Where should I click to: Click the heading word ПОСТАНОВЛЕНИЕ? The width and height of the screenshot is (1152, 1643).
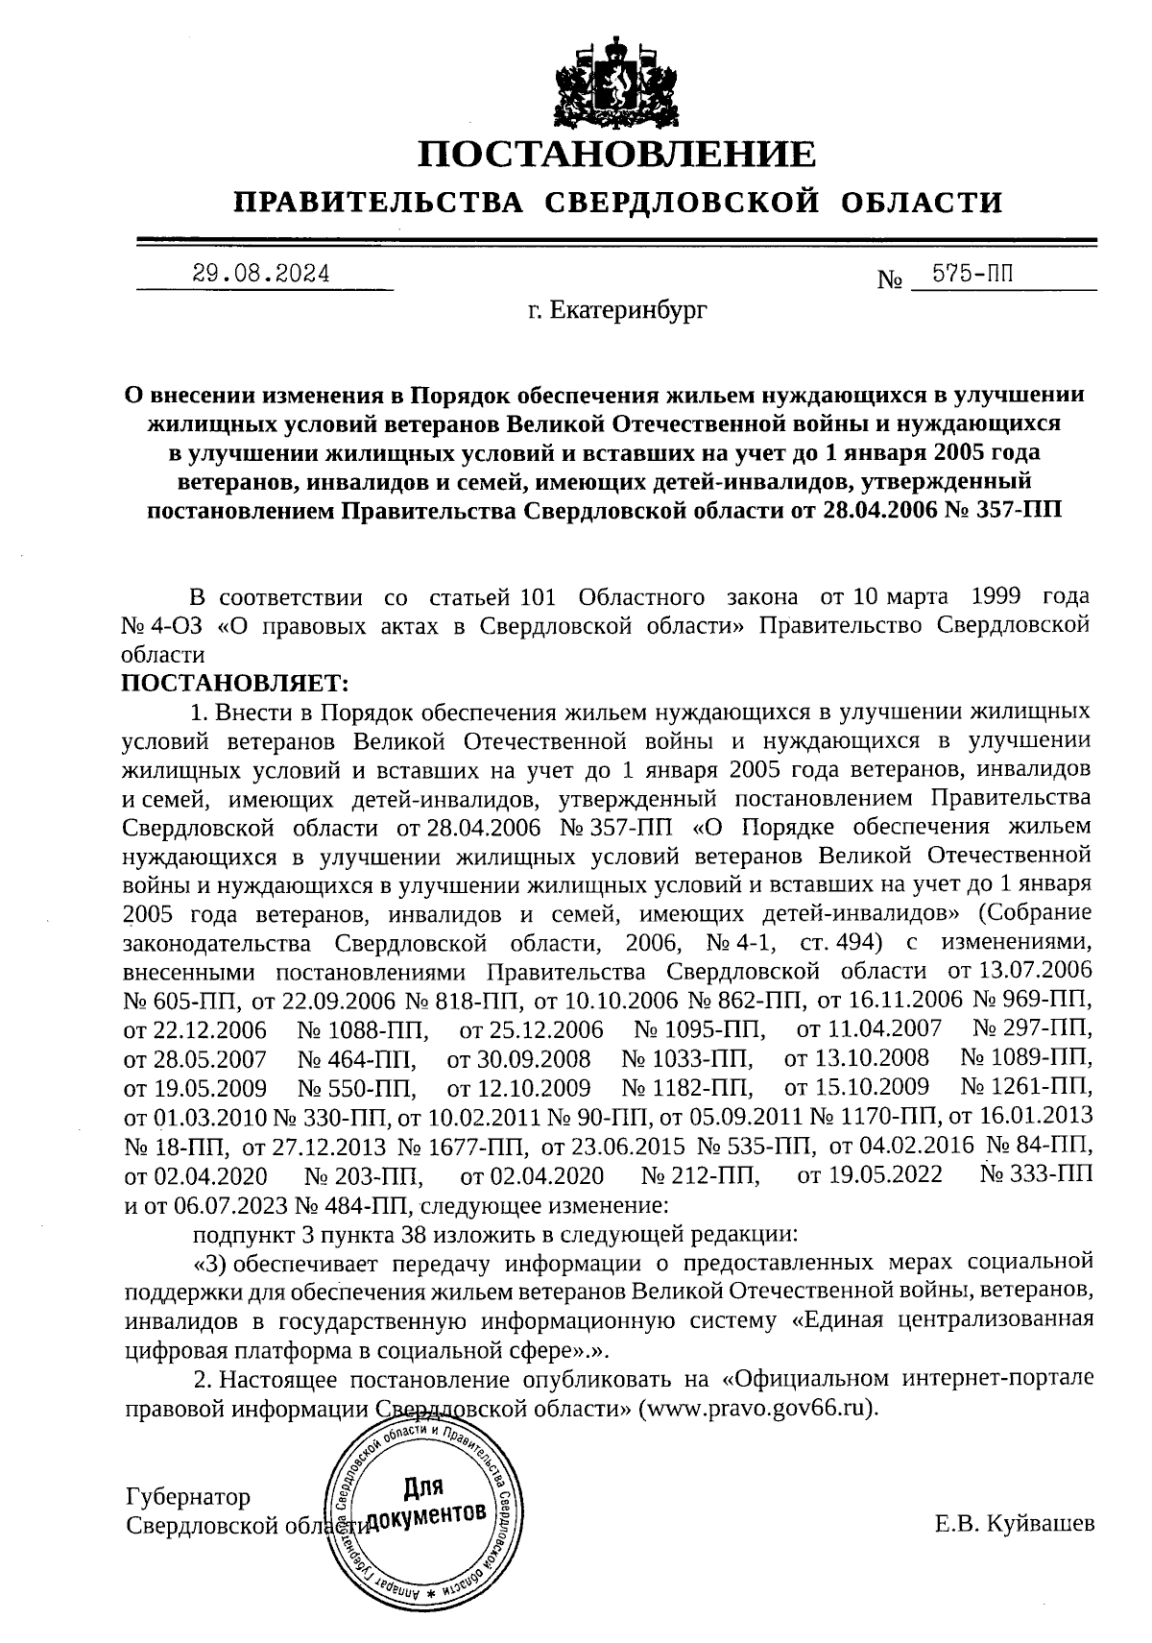coord(618,155)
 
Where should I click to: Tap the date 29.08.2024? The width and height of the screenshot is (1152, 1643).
coord(260,274)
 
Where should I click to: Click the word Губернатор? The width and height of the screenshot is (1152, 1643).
coord(188,1497)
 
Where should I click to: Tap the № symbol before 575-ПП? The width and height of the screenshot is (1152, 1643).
coord(890,280)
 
